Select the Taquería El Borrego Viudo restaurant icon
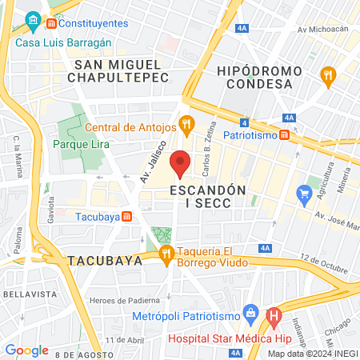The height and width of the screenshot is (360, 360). click(x=166, y=255)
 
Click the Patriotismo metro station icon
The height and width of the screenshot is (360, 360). click(x=286, y=136)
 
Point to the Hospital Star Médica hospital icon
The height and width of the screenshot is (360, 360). click(x=274, y=317)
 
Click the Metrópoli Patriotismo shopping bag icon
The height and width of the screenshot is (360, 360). click(x=250, y=310)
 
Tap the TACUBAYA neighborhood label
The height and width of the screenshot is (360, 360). click(x=106, y=261)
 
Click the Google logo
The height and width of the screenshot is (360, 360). click(x=26, y=350)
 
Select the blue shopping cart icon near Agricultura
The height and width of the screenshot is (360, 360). click(x=303, y=194)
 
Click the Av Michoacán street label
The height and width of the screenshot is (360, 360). click(x=324, y=30)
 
